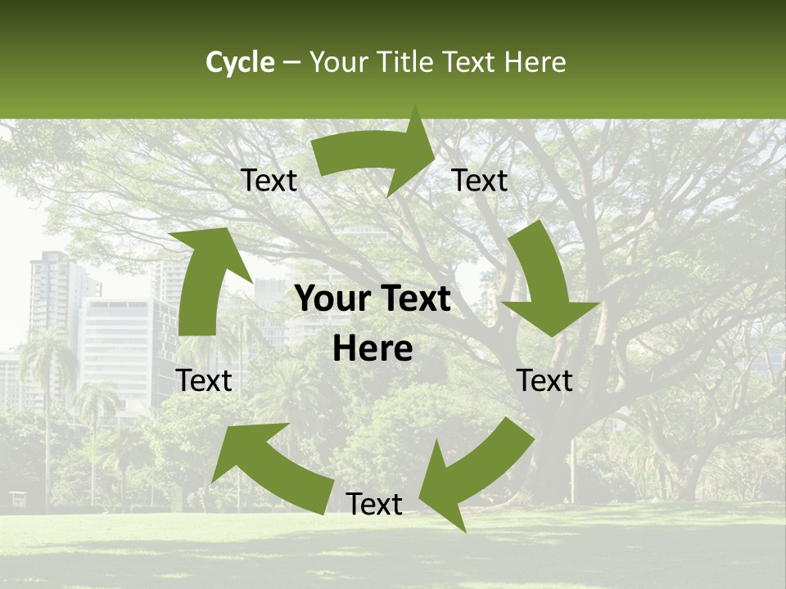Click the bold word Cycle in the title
pyautogui.click(x=240, y=62)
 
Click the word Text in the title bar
pyautogui.click(x=471, y=62)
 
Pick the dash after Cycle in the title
pyautogui.click(x=291, y=63)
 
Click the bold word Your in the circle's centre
pyautogui.click(x=332, y=299)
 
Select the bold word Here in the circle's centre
pyautogui.click(x=373, y=349)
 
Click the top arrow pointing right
pyautogui.click(x=377, y=155)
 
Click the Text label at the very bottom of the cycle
pyautogui.click(x=374, y=505)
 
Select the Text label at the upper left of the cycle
pyautogui.click(x=269, y=181)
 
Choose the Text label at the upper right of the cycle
pyautogui.click(x=480, y=181)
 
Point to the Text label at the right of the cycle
pyautogui.click(x=545, y=380)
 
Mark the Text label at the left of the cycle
pyautogui.click(x=205, y=380)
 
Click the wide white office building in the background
pyautogui.click(x=123, y=344)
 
